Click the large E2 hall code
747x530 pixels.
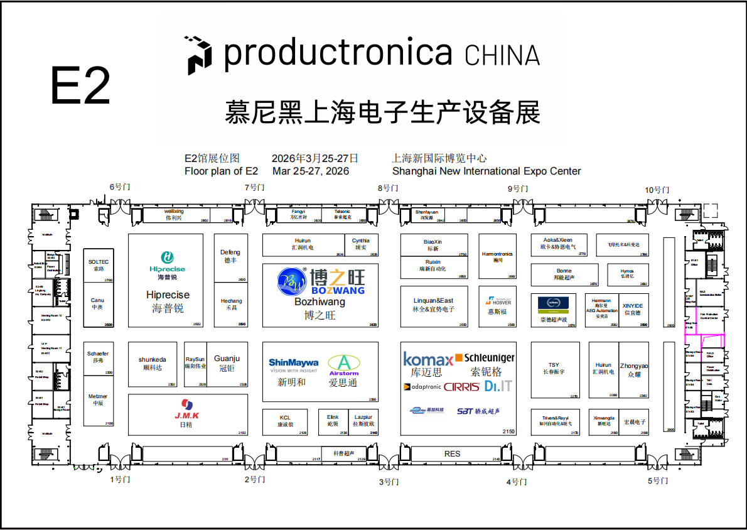point(80,85)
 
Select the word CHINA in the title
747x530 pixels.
point(502,55)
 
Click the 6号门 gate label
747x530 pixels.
point(120,187)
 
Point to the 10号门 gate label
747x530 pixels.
point(657,189)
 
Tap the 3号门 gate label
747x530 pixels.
point(389,482)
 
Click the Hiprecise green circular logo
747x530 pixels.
point(167,257)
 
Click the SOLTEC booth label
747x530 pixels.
point(99,261)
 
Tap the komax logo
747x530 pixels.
point(427,360)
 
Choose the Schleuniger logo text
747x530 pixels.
point(489,357)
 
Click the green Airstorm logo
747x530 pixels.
point(344,364)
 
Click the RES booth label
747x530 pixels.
point(452,453)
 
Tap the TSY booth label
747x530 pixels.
point(554,365)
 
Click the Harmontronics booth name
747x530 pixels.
point(497,254)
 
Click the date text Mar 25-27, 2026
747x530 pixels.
point(311,171)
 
